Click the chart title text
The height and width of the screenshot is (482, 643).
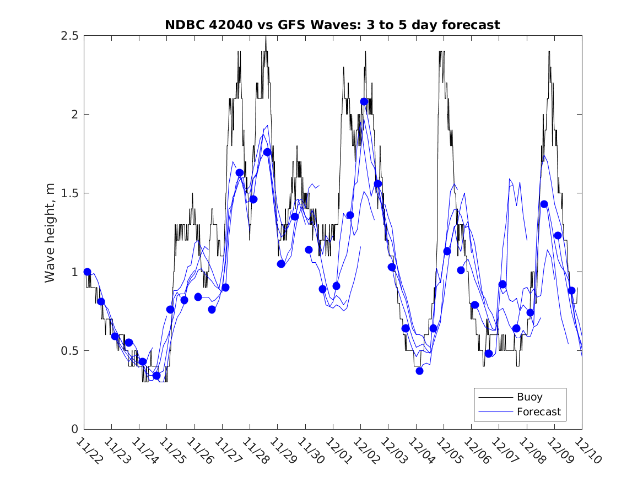[x=332, y=25]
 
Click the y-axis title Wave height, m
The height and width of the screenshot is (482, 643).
[x=50, y=232]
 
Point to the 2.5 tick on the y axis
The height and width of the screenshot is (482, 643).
[x=69, y=36]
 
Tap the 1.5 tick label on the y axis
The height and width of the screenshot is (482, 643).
[x=69, y=193]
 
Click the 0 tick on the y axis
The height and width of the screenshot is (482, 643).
[x=74, y=429]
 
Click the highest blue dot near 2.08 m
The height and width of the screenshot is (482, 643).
[x=364, y=102]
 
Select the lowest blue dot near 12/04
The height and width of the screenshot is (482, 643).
[x=419, y=371]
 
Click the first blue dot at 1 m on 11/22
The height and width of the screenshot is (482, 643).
[x=87, y=272]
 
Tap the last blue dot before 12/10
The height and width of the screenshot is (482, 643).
[x=571, y=290]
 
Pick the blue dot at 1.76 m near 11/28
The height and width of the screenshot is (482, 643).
[x=267, y=152]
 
